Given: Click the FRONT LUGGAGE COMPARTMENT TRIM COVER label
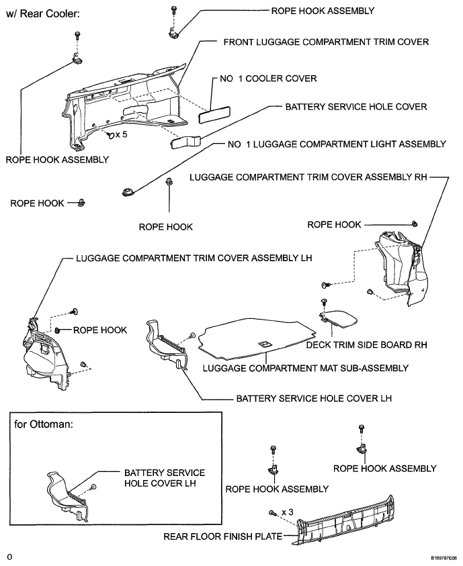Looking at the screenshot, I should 325,42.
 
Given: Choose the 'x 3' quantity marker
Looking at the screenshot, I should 287,512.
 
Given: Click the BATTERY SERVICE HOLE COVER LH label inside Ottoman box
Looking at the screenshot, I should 164,478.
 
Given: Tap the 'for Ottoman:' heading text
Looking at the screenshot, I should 44,424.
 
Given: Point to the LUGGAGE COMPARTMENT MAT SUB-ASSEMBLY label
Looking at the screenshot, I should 305,367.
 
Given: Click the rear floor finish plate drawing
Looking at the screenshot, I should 349,522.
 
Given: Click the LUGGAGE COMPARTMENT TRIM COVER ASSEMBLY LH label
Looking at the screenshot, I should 194,258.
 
